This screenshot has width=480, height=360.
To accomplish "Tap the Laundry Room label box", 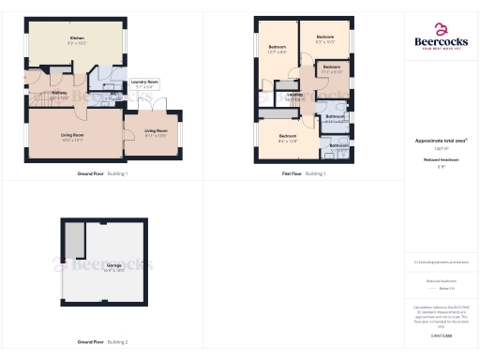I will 145,83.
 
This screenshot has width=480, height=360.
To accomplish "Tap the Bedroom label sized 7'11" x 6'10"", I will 331,69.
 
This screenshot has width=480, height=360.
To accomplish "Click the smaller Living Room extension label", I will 156,132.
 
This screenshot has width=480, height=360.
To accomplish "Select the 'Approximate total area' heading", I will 441,141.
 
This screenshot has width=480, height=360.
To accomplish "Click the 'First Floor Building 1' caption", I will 304,174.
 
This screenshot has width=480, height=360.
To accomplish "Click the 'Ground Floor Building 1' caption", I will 102,174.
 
